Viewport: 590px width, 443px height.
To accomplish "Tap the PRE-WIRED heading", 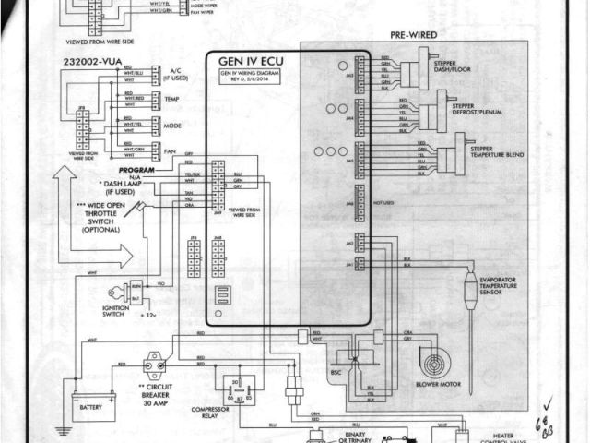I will [414, 34].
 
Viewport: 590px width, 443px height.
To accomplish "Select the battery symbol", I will [95, 405].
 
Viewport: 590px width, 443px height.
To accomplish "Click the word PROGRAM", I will [135, 172].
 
